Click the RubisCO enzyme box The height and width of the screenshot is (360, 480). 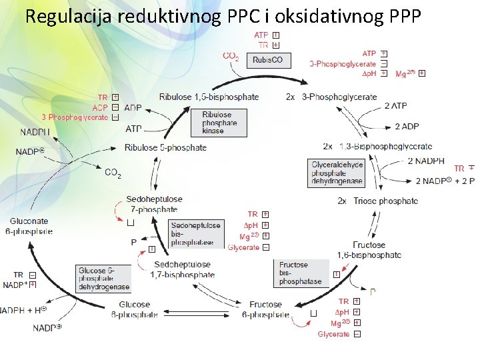(268, 60)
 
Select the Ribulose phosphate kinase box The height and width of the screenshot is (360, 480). (217, 123)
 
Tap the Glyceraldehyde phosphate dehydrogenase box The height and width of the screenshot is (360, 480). (337, 173)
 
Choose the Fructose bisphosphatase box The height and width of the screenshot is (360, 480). (301, 273)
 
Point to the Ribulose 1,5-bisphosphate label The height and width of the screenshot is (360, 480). (209, 97)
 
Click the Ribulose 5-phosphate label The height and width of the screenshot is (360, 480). (166, 147)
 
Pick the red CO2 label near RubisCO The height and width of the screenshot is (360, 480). (231, 57)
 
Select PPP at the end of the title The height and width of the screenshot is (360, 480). (401, 16)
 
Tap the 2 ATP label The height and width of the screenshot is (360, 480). (396, 107)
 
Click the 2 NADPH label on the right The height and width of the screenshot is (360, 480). (426, 161)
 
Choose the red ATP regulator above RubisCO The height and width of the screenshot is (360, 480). (261, 35)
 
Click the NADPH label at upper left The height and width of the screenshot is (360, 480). (35, 132)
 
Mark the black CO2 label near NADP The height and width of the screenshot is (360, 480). (113, 173)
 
